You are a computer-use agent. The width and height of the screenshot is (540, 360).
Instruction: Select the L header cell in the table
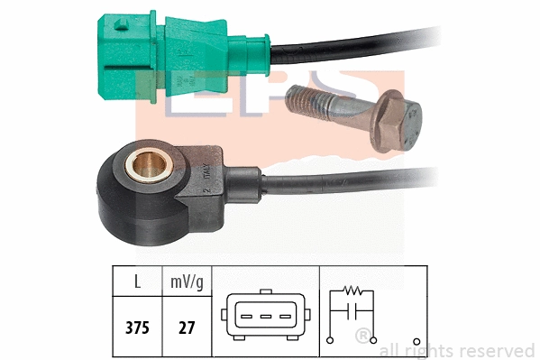[137, 282]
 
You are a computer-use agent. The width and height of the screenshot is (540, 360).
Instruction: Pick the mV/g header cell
[188, 282]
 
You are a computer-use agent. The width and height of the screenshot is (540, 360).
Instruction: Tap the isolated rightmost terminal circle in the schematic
[416, 341]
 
